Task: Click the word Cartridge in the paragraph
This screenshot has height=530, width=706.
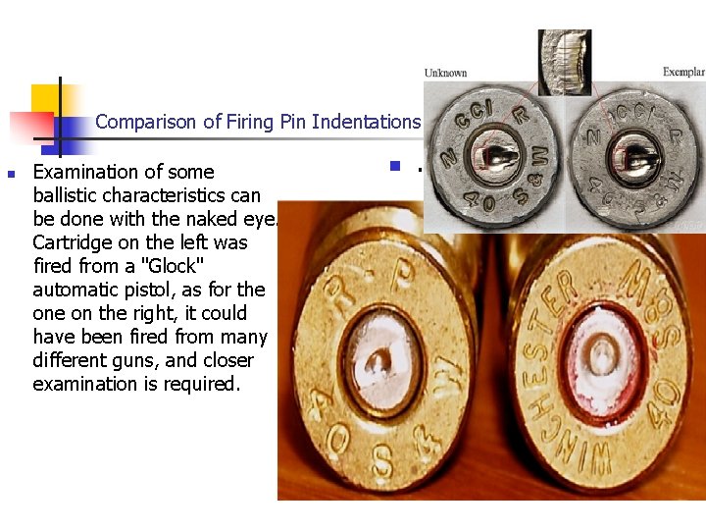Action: [74, 242]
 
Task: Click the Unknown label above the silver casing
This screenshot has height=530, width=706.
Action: [445, 74]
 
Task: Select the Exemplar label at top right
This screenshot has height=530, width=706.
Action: [682, 73]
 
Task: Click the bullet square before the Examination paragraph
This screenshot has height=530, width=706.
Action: [11, 175]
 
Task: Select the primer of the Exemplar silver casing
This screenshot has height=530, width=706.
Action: [630, 157]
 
